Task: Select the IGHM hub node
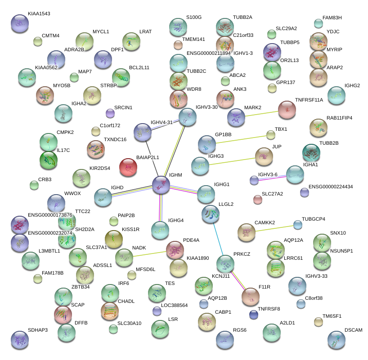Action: [161, 185]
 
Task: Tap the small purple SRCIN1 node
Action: [110, 112]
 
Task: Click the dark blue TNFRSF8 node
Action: [254, 315]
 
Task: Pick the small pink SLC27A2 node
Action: [258, 200]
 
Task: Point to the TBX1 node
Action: [271, 135]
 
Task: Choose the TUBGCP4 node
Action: [297, 224]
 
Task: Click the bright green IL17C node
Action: [49, 160]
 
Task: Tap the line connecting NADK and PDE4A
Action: [148, 254]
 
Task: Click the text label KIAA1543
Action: [39, 14]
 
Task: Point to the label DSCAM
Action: [353, 330]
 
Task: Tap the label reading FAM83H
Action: [332, 18]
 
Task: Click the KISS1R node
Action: [114, 239]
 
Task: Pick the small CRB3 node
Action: [34, 185]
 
